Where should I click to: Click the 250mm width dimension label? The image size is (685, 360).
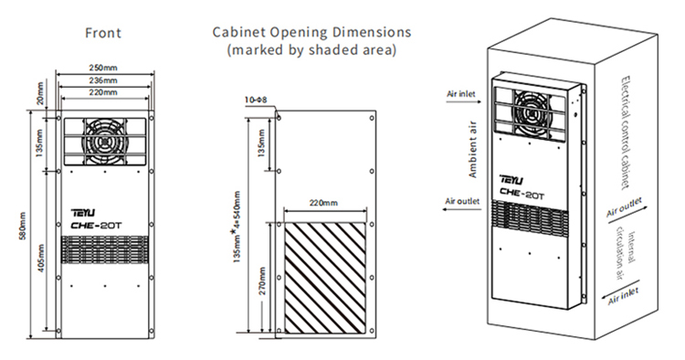(x=103, y=68)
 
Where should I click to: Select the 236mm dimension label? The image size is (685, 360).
(x=103, y=80)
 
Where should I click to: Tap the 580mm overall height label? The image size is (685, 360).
(x=23, y=226)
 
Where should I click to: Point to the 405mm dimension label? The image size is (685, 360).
(x=41, y=259)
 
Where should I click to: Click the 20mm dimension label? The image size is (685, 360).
(x=40, y=93)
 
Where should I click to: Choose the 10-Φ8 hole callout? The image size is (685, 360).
(x=255, y=100)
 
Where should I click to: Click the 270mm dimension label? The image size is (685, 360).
(x=262, y=281)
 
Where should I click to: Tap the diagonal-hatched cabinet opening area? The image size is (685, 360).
(x=325, y=278)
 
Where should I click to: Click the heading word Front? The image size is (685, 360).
(x=103, y=33)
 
